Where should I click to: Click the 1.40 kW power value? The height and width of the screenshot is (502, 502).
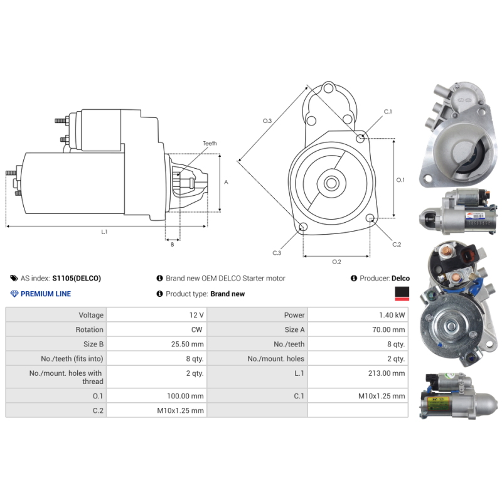click(x=392, y=315)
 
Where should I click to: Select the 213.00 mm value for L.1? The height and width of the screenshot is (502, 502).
click(x=387, y=373)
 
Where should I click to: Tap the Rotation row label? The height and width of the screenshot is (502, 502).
click(x=89, y=329)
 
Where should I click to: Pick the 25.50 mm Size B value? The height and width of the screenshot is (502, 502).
click(x=187, y=344)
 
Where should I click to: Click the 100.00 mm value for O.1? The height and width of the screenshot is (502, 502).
click(x=185, y=396)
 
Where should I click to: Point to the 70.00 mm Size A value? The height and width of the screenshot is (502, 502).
click(x=388, y=329)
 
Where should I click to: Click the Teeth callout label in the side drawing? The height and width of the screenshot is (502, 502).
click(x=210, y=144)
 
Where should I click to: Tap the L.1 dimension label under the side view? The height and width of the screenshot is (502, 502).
click(x=104, y=232)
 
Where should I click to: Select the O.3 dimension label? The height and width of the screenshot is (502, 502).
click(x=267, y=120)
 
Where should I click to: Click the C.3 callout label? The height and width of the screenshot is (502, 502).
click(x=277, y=253)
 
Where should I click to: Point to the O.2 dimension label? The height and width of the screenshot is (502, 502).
click(x=336, y=262)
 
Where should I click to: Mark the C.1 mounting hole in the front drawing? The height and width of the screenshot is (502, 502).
click(x=360, y=138)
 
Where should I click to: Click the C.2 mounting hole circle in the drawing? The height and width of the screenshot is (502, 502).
click(x=370, y=218)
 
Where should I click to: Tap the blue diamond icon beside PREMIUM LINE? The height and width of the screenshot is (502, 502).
click(x=14, y=294)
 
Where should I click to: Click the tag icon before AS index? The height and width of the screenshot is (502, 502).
click(x=14, y=278)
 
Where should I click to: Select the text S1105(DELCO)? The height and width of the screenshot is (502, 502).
click(x=77, y=278)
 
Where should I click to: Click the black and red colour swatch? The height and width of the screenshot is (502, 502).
click(x=402, y=294)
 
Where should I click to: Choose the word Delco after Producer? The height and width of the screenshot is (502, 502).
click(x=400, y=278)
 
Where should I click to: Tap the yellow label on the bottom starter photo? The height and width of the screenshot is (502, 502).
click(x=438, y=403)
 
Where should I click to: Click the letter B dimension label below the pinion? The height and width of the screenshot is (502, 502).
click(x=173, y=245)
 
